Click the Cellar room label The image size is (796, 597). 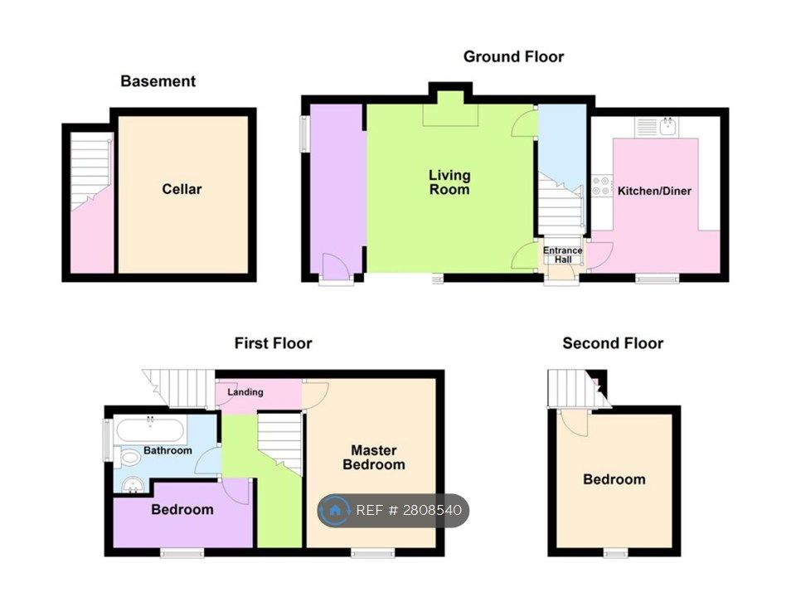[x=182, y=189]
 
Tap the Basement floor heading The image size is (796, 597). [x=158, y=81]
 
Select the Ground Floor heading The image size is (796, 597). [x=513, y=56]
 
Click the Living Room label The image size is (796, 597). [x=449, y=182]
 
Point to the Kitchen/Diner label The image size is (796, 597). [x=654, y=191]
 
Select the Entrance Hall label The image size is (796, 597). [x=562, y=255]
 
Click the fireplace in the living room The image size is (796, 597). [x=449, y=112]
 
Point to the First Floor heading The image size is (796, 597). [x=273, y=343]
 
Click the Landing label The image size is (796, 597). [x=245, y=392]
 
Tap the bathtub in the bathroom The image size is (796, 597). [x=149, y=430]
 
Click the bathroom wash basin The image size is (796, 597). [x=131, y=485]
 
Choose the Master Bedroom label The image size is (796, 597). [x=374, y=457]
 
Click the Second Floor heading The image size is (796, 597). [x=613, y=343]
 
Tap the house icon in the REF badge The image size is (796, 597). [x=335, y=511]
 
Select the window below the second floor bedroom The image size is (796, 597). [x=615, y=553]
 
